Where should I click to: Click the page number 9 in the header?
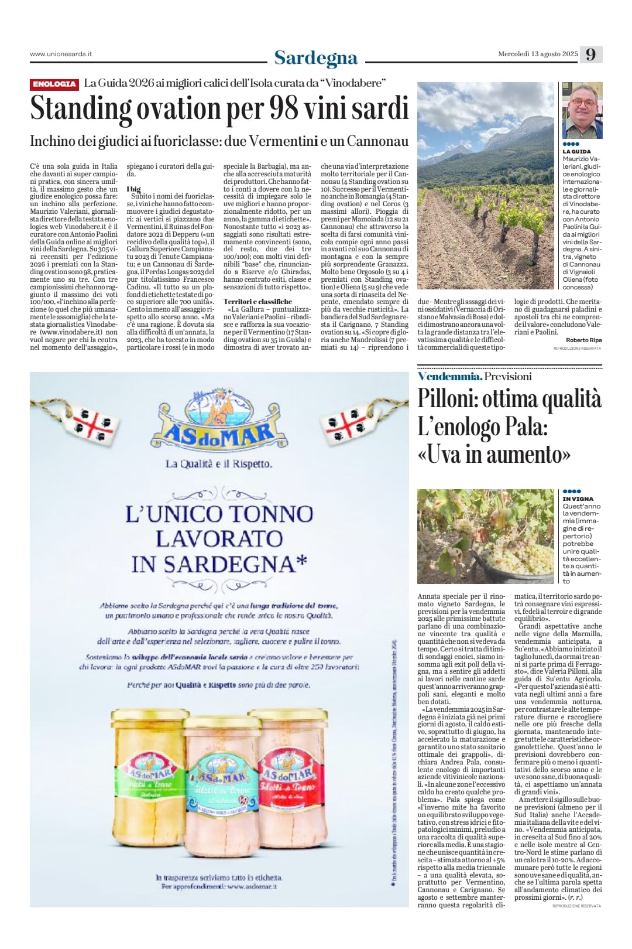pos(590,54)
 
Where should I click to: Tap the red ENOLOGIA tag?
pos(54,84)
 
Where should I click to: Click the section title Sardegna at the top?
pos(315,57)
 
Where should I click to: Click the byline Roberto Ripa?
pos(583,340)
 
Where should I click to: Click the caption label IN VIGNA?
pos(578,499)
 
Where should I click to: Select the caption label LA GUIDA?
pos(576,152)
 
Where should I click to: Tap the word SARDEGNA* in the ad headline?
pos(219,564)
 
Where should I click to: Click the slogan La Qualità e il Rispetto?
pos(219,464)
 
